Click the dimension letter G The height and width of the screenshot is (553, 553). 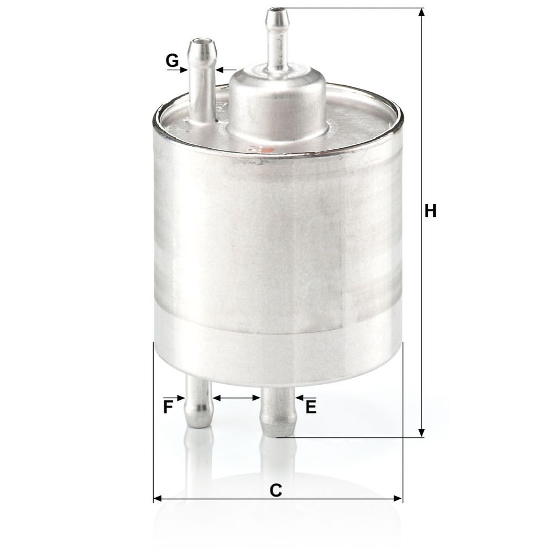point(172,61)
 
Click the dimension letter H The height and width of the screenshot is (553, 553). point(430,211)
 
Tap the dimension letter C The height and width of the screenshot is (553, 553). point(276,490)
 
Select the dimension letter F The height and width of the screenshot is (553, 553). point(168,407)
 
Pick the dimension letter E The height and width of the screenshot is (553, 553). point(311,407)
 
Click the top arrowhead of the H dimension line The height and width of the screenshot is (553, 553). point(421,12)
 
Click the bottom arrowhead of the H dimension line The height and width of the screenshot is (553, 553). point(421,433)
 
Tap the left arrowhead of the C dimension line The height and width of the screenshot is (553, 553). point(158,499)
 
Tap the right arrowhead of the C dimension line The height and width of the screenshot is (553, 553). point(398,499)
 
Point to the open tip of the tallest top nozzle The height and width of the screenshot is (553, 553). point(277,10)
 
